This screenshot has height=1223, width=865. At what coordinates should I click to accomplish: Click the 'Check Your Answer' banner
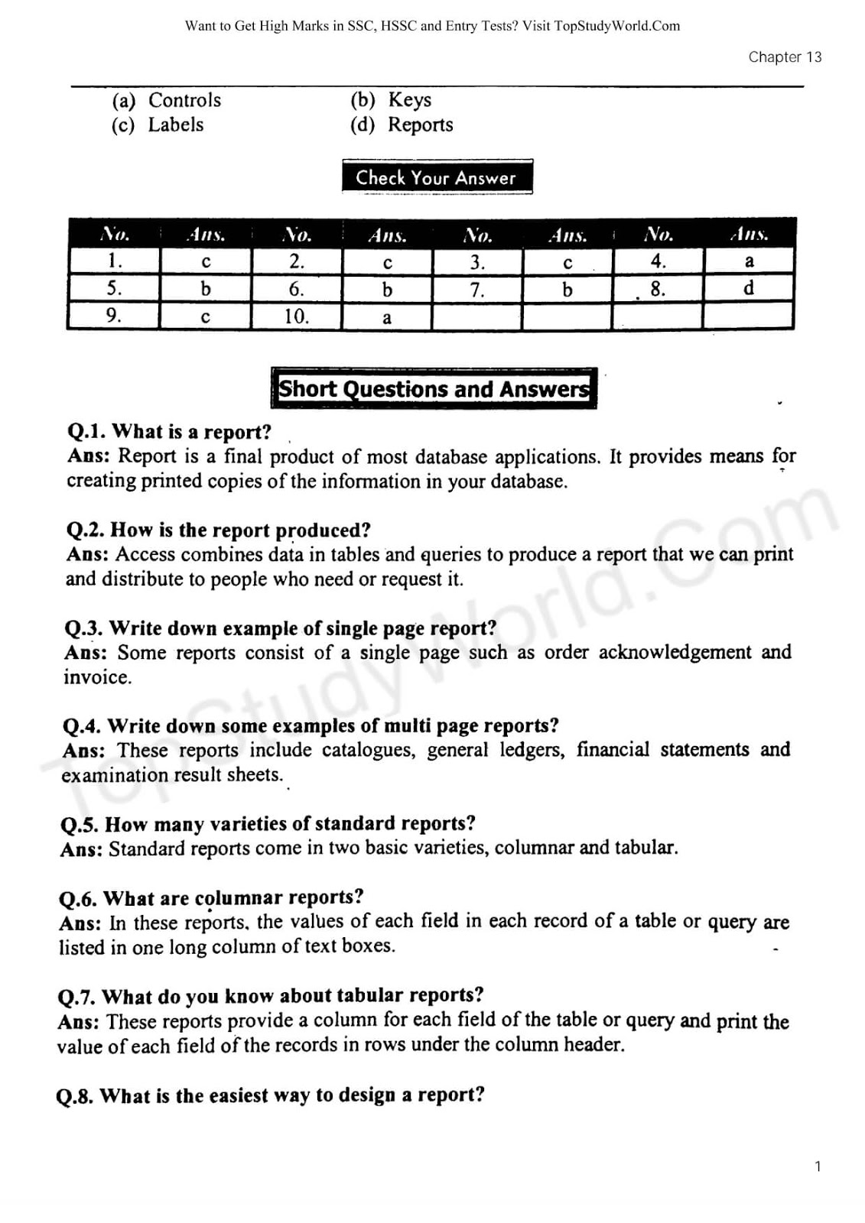click(x=436, y=177)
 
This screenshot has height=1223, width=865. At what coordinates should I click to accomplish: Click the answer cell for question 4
click(x=749, y=261)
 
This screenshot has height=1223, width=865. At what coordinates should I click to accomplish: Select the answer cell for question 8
click(x=749, y=288)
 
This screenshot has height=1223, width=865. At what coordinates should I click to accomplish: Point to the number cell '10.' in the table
click(x=296, y=316)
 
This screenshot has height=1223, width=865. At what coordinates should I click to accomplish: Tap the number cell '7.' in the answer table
click(x=477, y=290)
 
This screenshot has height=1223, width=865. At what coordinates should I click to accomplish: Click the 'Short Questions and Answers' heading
click(x=434, y=389)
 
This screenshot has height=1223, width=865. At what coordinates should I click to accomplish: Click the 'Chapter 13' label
click(x=785, y=57)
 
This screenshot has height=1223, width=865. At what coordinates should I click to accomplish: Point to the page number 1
click(x=818, y=1166)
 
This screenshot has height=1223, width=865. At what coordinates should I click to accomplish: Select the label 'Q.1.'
click(x=86, y=433)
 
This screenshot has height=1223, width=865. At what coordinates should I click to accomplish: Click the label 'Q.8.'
click(x=75, y=1097)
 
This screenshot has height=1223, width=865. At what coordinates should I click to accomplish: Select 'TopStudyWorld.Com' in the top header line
click(x=616, y=26)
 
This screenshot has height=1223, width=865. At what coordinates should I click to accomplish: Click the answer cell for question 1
click(x=205, y=262)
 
